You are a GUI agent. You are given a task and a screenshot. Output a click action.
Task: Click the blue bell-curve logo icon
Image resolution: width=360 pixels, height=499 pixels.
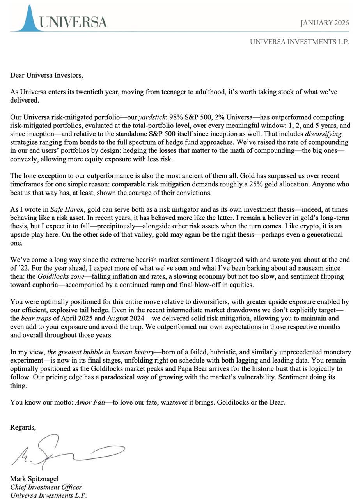29,19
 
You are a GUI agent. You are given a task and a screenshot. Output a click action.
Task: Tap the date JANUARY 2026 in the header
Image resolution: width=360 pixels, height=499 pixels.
325,23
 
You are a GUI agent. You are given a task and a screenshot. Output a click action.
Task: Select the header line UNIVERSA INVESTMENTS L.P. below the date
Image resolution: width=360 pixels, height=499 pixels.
299,42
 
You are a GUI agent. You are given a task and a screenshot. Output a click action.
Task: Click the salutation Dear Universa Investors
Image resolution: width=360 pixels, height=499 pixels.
46,75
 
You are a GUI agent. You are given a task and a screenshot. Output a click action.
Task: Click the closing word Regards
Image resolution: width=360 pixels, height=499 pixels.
23,428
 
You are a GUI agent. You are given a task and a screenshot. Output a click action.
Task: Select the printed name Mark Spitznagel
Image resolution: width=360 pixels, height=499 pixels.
34,479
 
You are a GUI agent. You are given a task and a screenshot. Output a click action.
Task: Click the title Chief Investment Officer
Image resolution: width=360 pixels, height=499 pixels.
46,487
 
